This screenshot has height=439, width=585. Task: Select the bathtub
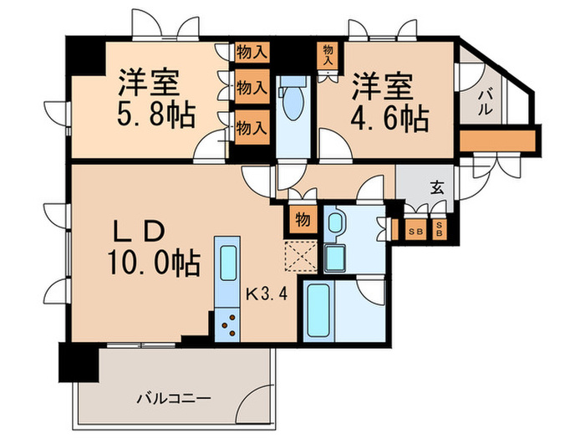pos(320,310)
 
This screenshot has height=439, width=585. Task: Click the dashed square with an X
pos(298,254)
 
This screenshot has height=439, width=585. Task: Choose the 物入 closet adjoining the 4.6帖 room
pos(328,55)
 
